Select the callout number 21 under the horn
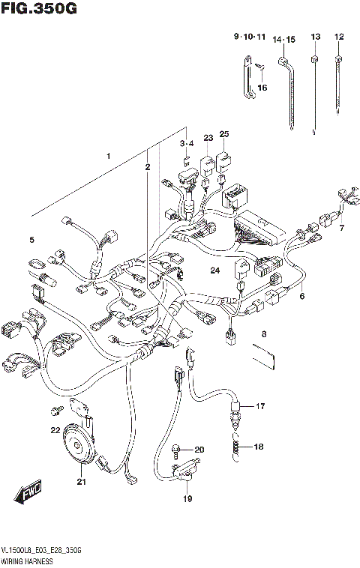(81, 482)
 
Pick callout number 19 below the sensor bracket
(187, 498)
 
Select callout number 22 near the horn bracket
(55, 430)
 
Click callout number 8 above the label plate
(263, 334)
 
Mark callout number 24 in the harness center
(214, 271)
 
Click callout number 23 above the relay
(208, 137)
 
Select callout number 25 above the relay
(223, 134)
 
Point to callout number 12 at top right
(338, 37)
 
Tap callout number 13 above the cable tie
(315, 37)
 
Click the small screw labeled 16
(259, 70)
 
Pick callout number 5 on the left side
(32, 240)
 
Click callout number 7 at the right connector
(341, 228)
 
